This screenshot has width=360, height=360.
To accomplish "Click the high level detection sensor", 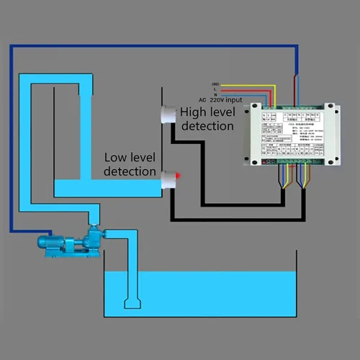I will (x=168, y=114).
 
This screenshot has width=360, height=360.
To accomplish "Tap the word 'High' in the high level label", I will (x=193, y=112).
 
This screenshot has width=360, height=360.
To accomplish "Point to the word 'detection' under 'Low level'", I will (x=130, y=171).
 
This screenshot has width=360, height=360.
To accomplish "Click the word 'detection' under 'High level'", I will (x=207, y=126).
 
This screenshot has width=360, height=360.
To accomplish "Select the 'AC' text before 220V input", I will (x=202, y=99).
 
